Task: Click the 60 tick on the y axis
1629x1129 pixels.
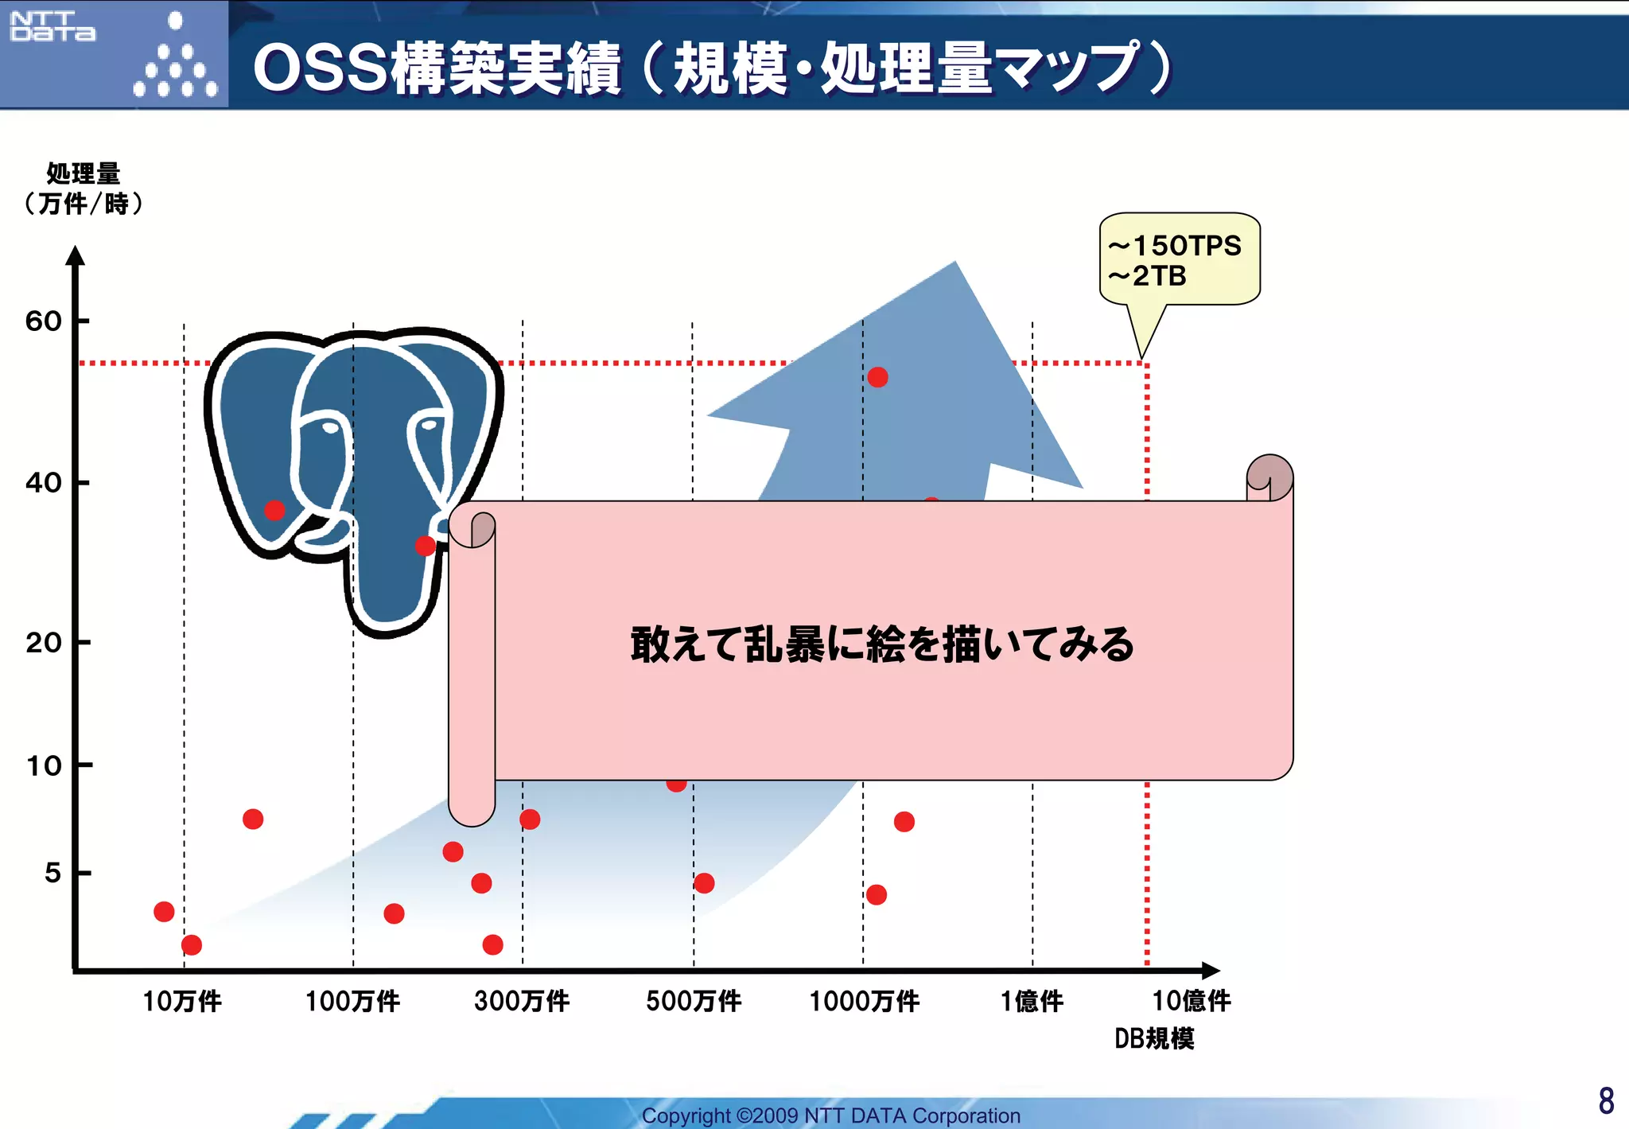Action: [x=44, y=321]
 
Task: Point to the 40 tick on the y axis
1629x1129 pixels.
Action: [x=44, y=482]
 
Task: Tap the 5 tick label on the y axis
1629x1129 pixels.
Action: [x=52, y=873]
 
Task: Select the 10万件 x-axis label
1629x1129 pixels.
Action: [x=182, y=1001]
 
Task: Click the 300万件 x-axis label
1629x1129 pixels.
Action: [x=522, y=1001]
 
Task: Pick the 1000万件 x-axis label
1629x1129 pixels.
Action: [x=865, y=1001]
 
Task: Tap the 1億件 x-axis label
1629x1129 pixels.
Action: [x=1032, y=1001]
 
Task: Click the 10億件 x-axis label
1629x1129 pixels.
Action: [x=1192, y=1001]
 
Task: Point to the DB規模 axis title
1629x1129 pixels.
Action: [x=1154, y=1038]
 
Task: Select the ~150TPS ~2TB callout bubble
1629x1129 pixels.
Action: [x=1179, y=259]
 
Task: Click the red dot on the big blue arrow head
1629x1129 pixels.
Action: [x=877, y=377]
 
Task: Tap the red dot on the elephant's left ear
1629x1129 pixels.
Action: [x=274, y=510]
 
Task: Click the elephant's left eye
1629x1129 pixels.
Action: [x=329, y=428]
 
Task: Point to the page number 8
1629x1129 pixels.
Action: [x=1606, y=1101]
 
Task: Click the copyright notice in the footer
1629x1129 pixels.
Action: [x=830, y=1115]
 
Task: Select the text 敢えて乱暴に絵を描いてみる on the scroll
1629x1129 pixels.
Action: [x=882, y=644]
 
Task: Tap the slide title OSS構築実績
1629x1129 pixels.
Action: [x=436, y=68]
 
